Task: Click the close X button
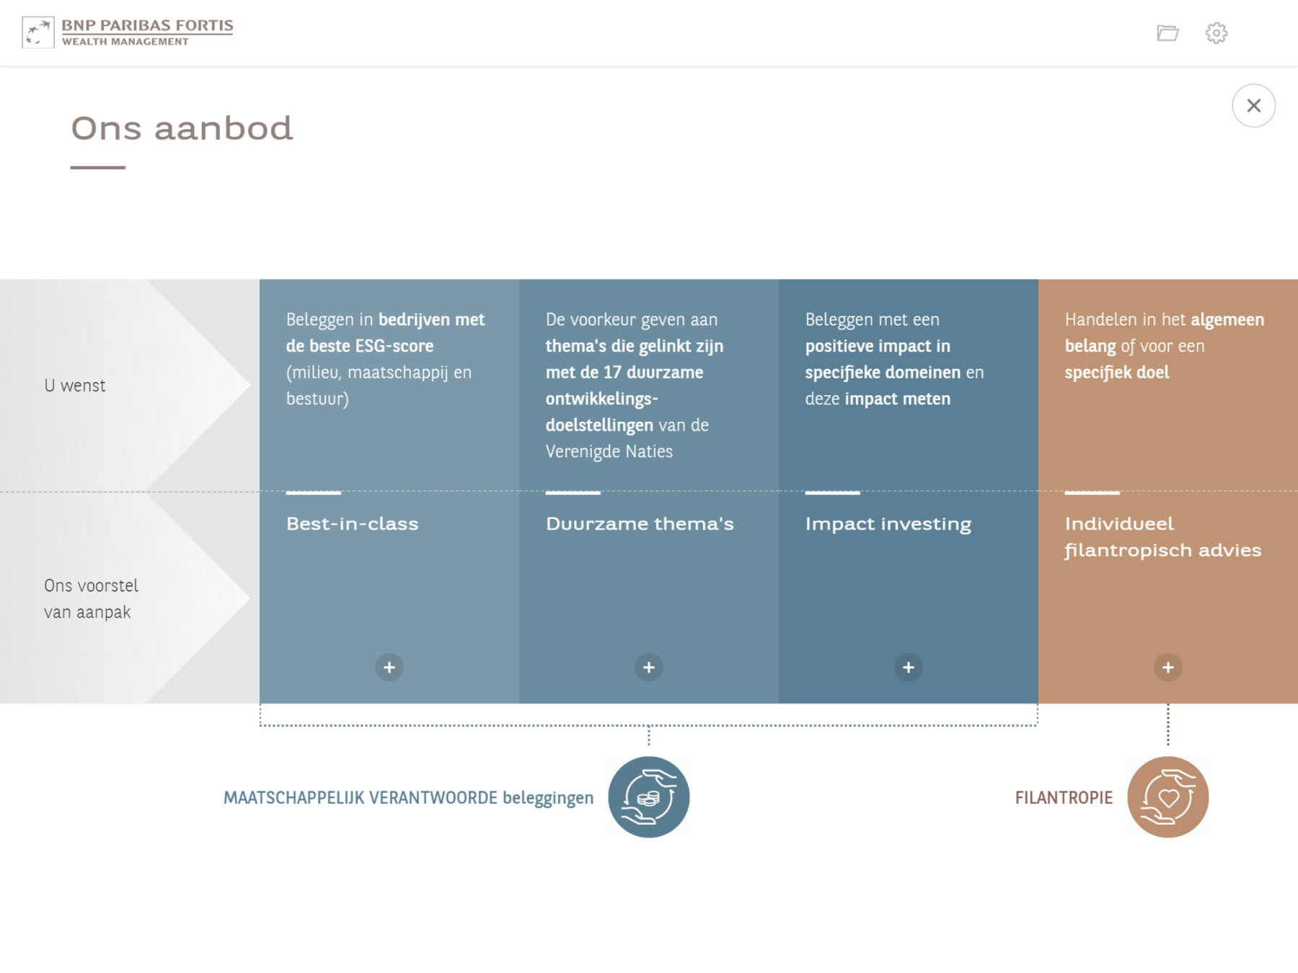click(1253, 106)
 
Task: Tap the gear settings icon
click(1216, 33)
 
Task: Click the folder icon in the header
click(1167, 33)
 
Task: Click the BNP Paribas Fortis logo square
click(38, 32)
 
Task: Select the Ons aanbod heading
click(182, 128)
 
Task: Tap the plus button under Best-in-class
click(389, 667)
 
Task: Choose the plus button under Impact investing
click(909, 667)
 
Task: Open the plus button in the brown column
click(1168, 667)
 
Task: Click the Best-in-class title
click(352, 524)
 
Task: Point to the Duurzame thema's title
click(640, 524)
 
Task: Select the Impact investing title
click(888, 525)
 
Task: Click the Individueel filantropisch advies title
click(1163, 537)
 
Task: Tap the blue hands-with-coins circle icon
click(649, 797)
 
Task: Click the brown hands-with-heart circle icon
click(1168, 797)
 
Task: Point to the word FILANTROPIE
click(1064, 798)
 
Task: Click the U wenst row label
click(75, 386)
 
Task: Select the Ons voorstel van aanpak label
click(91, 599)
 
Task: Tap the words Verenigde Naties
click(609, 452)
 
